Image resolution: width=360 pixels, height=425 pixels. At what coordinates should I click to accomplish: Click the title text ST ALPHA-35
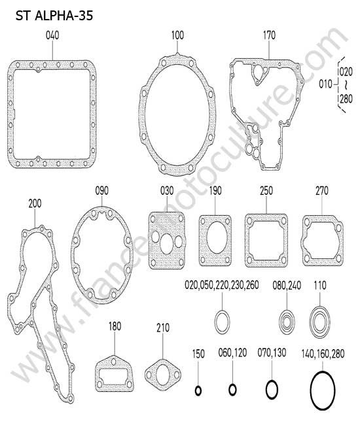click(x=54, y=16)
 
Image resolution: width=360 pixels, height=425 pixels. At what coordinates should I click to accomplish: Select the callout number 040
click(x=52, y=35)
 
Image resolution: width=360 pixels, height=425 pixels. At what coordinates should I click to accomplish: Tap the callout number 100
click(x=177, y=35)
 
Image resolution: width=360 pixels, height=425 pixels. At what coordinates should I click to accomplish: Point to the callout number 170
click(x=269, y=35)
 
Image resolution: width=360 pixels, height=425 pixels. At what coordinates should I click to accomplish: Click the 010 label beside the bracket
click(x=325, y=84)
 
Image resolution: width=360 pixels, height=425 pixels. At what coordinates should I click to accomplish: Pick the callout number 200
click(x=35, y=203)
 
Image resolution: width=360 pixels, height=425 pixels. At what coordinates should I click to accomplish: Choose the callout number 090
click(x=101, y=191)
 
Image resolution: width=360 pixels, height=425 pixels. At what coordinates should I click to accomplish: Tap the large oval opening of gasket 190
click(x=216, y=237)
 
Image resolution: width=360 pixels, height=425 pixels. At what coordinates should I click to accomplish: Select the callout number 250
click(x=266, y=191)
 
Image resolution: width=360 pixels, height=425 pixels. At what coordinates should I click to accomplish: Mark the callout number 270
click(x=322, y=191)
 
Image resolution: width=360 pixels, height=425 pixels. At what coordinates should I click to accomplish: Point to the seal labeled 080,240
click(x=287, y=322)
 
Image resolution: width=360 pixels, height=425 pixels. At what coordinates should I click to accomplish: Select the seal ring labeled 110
click(x=319, y=322)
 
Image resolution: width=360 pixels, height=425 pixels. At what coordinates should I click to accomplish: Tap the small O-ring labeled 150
click(x=198, y=391)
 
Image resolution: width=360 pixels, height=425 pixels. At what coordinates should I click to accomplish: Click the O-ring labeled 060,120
click(x=232, y=390)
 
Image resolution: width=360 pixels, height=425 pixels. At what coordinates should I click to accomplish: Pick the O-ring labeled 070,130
click(x=272, y=390)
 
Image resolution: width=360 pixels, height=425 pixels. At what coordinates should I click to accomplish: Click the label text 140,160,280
click(x=323, y=354)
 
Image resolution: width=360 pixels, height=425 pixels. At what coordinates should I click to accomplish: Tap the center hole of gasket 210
click(x=163, y=375)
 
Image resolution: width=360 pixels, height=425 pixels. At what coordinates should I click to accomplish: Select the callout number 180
click(x=115, y=326)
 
